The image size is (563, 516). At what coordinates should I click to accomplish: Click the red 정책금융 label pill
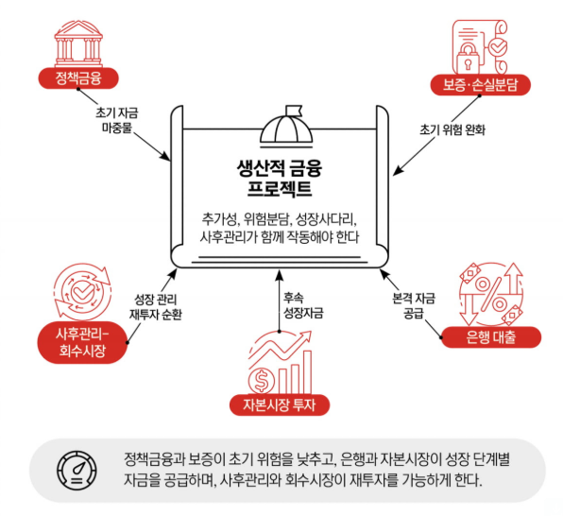(78, 78)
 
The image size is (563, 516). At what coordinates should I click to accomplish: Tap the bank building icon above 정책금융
(78, 43)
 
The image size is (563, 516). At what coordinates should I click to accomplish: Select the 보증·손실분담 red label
(480, 85)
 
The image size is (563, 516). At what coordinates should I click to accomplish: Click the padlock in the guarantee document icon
(468, 59)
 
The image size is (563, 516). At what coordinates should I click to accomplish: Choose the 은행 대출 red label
(491, 337)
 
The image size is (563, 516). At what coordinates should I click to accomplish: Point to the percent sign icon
(491, 294)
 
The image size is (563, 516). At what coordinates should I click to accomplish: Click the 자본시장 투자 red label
(280, 405)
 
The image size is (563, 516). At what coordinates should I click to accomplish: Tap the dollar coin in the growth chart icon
(262, 381)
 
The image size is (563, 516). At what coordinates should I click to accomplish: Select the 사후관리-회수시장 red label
(82, 342)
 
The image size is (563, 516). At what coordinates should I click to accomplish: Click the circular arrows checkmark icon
(82, 292)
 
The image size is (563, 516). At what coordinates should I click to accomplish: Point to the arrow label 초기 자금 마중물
(117, 120)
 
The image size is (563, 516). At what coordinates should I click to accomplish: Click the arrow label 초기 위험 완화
(452, 129)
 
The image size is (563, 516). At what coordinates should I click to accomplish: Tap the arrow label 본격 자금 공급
(414, 305)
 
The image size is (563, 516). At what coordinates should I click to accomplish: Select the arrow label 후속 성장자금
(303, 305)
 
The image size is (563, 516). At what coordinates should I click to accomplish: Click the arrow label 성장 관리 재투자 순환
(156, 307)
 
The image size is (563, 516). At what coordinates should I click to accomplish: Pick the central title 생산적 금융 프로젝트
(280, 178)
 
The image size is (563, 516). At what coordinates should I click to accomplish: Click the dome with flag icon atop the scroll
(286, 127)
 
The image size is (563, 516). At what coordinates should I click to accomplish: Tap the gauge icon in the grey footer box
(77, 471)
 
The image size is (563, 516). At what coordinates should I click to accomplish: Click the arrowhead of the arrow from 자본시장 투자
(280, 274)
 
